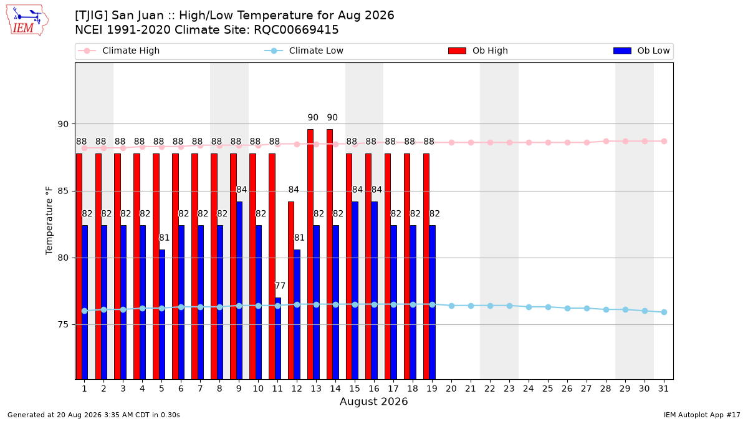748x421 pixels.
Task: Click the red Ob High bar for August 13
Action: click(310, 254)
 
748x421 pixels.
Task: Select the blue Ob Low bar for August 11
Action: click(278, 339)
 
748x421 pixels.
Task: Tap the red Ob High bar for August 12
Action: click(291, 291)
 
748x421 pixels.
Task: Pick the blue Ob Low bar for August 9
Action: click(239, 291)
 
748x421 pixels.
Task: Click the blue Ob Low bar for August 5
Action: click(162, 314)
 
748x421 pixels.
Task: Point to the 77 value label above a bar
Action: click(280, 286)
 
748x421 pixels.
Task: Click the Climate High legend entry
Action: click(119, 51)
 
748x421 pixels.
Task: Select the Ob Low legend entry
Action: click(641, 51)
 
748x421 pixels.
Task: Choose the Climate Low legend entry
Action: click(304, 51)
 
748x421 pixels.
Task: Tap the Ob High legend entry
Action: click(478, 51)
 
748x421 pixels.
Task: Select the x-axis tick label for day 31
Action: click(663, 389)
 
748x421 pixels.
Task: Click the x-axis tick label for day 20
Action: click(451, 389)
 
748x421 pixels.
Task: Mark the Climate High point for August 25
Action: click(548, 143)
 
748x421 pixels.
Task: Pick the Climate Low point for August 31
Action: click(664, 312)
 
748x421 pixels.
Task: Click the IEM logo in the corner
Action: click(27, 21)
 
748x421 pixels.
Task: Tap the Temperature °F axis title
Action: click(49, 221)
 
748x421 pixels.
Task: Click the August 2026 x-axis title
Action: click(373, 401)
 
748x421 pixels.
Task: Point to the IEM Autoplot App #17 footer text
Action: click(702, 415)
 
